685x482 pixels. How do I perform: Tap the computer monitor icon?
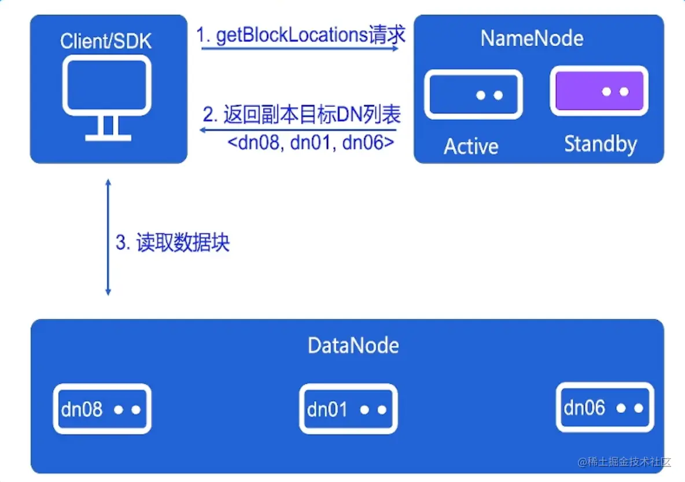pyautogui.click(x=108, y=87)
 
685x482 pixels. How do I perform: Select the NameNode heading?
pyautogui.click(x=532, y=39)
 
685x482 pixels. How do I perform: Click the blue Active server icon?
pyautogui.click(x=473, y=94)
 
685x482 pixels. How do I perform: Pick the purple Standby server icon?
pyautogui.click(x=599, y=91)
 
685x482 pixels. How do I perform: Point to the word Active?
pyautogui.click(x=470, y=147)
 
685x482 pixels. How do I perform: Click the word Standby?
pyautogui.click(x=600, y=144)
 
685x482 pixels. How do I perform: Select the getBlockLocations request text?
pyautogui.click(x=301, y=36)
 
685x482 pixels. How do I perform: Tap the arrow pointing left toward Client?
pyautogui.click(x=297, y=131)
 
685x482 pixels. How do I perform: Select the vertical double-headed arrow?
pyautogui.click(x=108, y=238)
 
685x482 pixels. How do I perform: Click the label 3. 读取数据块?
pyautogui.click(x=172, y=243)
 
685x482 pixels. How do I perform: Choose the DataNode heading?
pyautogui.click(x=353, y=346)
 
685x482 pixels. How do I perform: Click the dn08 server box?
pyautogui.click(x=102, y=409)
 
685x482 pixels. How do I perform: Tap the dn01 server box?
pyautogui.click(x=348, y=409)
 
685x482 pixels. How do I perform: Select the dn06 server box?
pyautogui.click(x=605, y=407)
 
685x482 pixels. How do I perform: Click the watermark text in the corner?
pyautogui.click(x=624, y=462)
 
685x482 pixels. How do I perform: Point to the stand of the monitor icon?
pyautogui.click(x=108, y=128)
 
